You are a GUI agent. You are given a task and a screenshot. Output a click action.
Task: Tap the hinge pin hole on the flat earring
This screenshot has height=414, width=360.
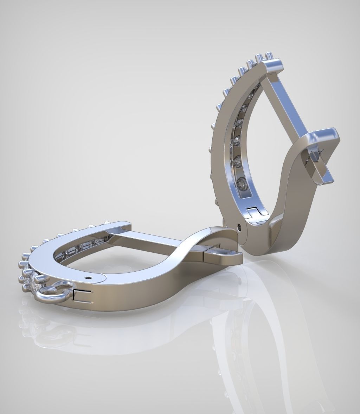point(88,277)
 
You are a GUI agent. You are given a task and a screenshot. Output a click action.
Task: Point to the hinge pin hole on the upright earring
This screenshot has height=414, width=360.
point(239,227)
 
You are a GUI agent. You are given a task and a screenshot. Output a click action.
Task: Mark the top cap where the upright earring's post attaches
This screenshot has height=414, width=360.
point(273,67)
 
